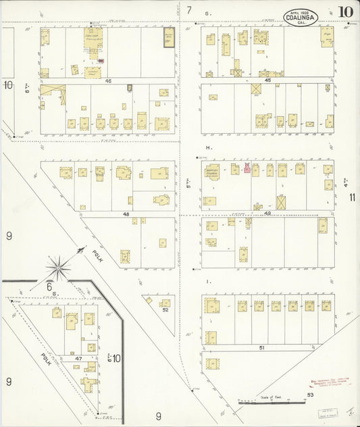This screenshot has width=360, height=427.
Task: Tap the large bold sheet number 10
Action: [345, 11]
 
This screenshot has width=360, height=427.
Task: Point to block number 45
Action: [267, 80]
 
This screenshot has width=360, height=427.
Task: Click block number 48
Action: [126, 214]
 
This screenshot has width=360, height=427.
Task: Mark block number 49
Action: [267, 214]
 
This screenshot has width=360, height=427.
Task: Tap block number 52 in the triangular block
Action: [165, 311]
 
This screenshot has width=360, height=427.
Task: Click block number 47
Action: [78, 357]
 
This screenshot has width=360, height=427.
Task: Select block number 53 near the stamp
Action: [311, 394]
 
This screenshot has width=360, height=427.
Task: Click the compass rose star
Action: [59, 268]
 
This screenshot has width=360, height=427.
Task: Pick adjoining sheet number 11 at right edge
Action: [353, 197]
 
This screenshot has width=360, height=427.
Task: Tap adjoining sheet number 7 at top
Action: [190, 10]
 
